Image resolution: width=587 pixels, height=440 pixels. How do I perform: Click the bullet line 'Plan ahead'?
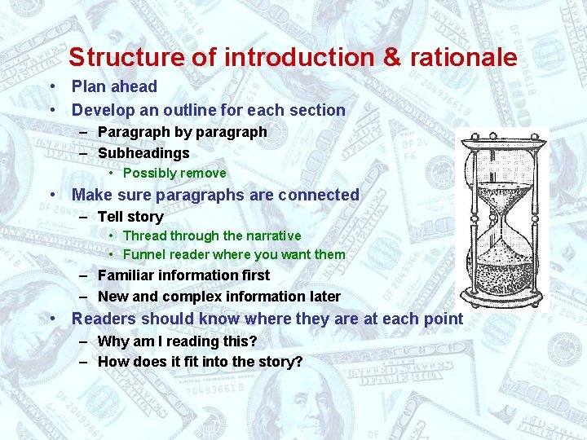point(114,86)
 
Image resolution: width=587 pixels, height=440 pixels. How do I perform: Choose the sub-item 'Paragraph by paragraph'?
point(182,132)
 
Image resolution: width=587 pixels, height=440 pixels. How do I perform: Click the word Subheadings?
point(143,153)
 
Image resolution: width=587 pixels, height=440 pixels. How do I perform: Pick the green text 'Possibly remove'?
point(174,174)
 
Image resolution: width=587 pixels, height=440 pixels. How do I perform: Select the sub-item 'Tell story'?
point(130,217)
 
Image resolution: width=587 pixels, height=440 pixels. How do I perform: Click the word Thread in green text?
point(143,236)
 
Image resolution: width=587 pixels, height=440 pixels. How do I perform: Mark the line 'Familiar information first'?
point(183,275)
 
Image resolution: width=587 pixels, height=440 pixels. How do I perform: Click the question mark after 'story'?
point(298,362)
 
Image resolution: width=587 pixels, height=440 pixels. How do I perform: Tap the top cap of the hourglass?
point(503,136)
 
